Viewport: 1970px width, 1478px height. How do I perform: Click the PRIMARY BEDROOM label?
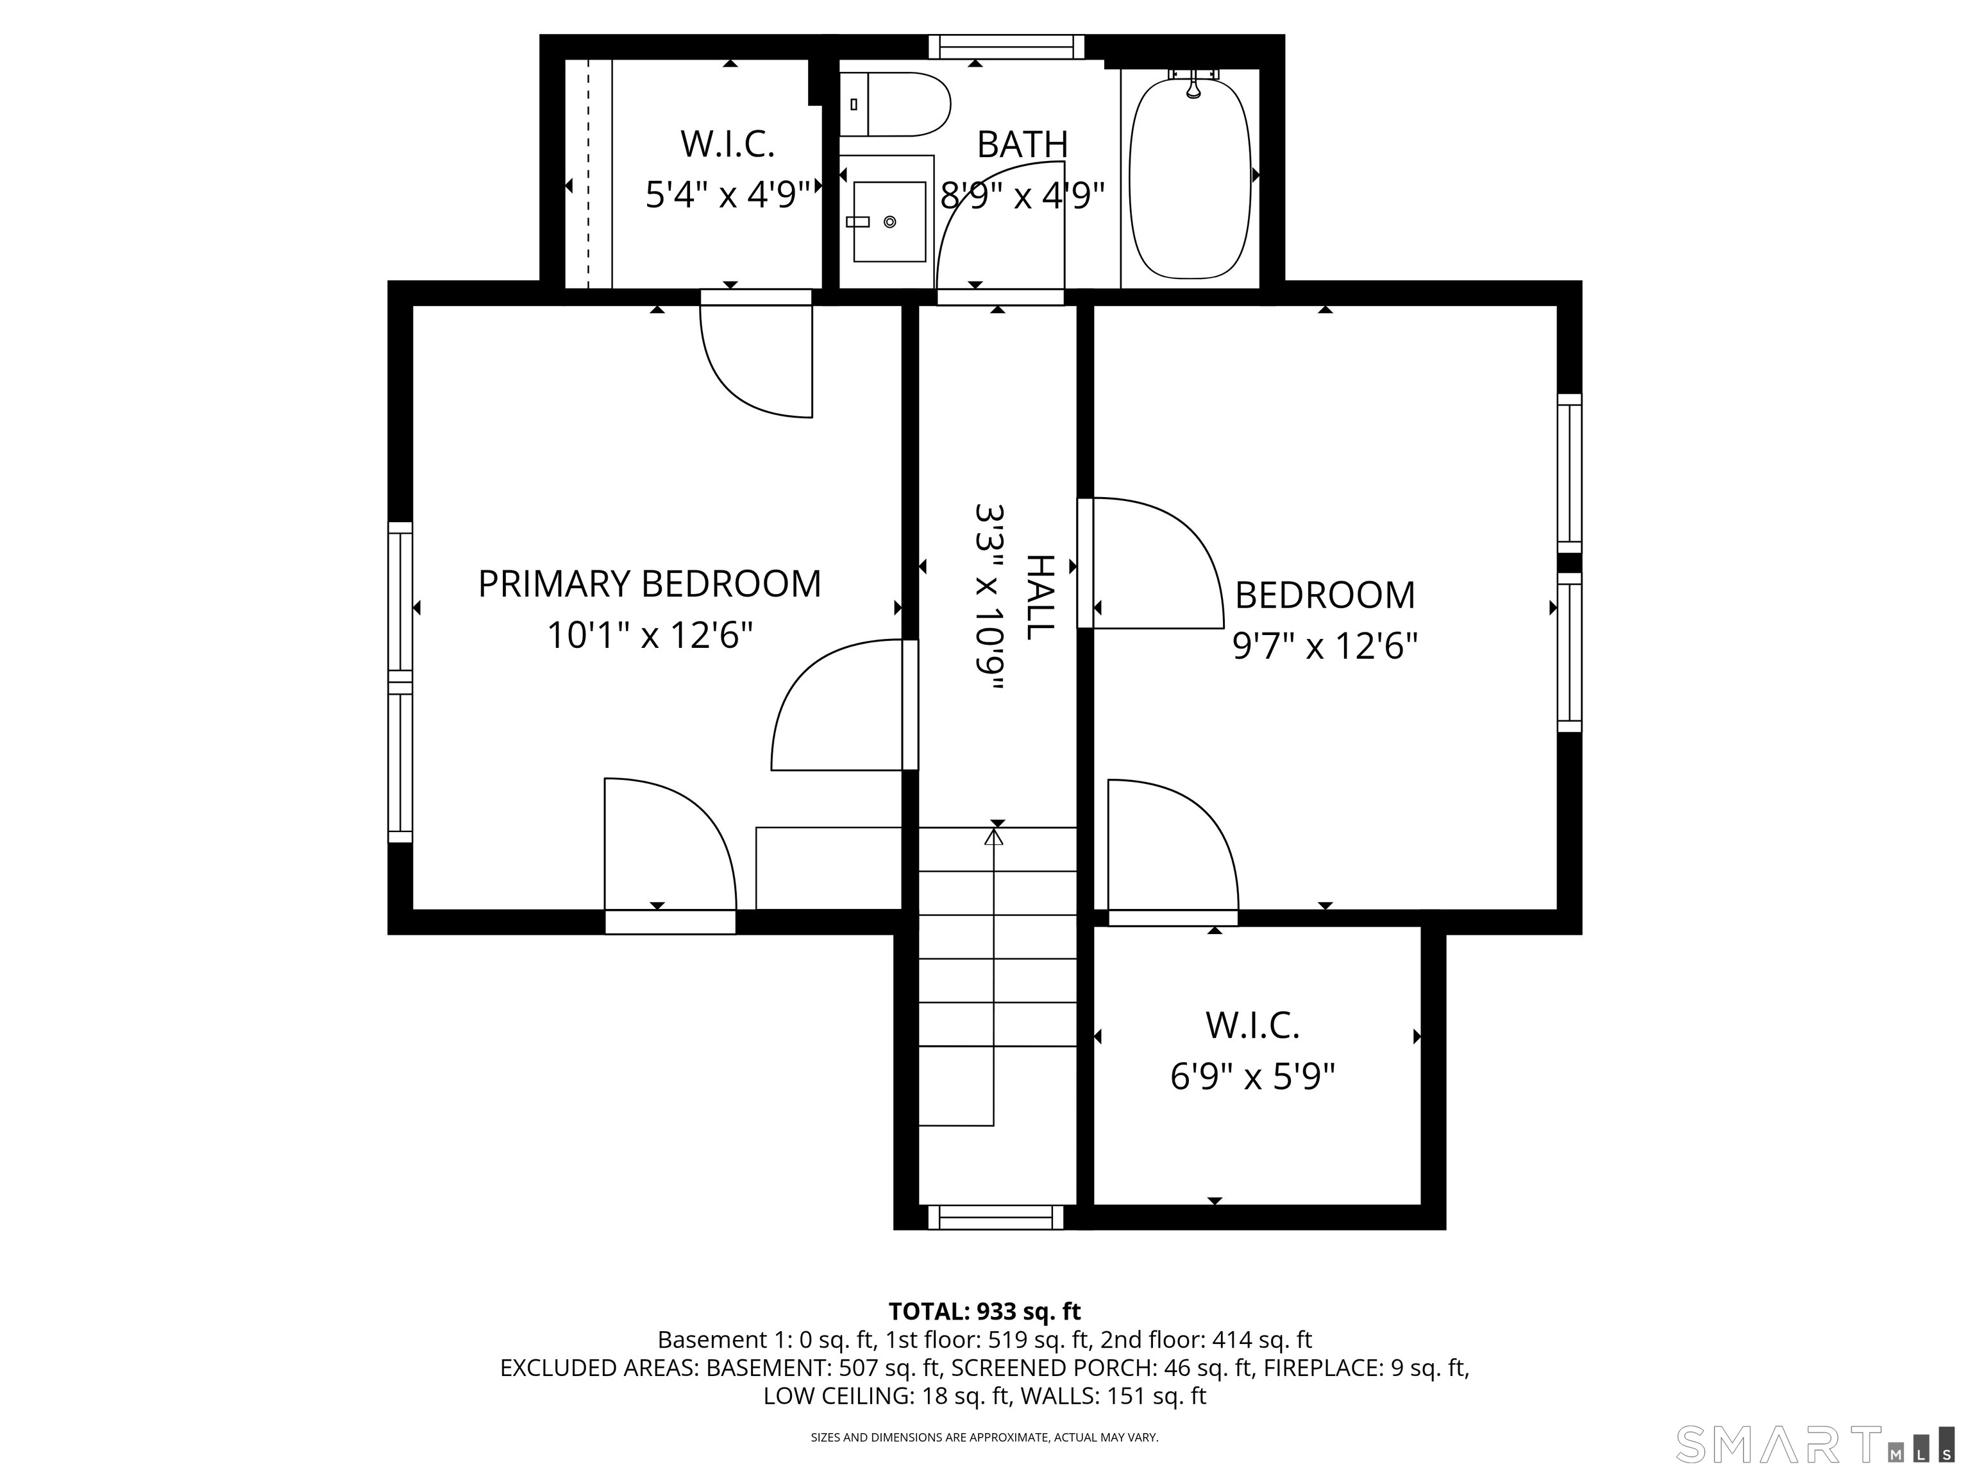pos(649,584)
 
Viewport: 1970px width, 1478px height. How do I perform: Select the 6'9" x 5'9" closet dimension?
pos(1252,1077)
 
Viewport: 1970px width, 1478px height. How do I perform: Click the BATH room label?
pos(1022,144)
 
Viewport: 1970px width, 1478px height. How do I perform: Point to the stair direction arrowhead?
pos(994,837)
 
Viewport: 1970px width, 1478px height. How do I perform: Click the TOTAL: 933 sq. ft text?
pos(984,1311)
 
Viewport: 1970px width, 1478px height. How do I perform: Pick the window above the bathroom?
pos(1006,46)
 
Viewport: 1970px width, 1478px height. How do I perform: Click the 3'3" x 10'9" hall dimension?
pos(990,597)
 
